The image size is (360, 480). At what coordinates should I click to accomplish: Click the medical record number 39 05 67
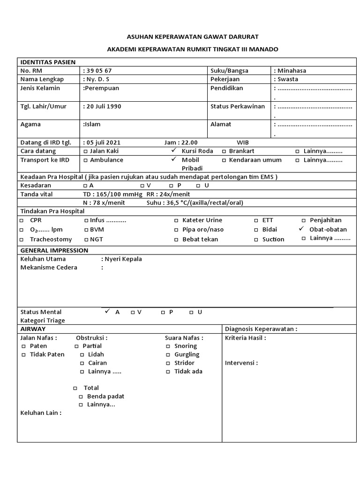pyautogui.click(x=99, y=71)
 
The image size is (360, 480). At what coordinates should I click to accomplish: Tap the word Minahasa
pyautogui.click(x=292, y=71)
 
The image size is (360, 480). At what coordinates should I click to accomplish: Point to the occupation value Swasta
pyautogui.click(x=288, y=79)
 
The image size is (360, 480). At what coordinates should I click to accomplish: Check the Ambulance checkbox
pyautogui.click(x=85, y=160)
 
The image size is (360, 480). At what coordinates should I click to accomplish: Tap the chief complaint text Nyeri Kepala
pyautogui.click(x=123, y=259)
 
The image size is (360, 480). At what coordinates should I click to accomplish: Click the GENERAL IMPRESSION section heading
pyautogui.click(x=54, y=250)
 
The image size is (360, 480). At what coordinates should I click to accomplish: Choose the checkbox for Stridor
pyautogui.click(x=168, y=363)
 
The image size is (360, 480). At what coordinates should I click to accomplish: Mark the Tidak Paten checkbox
pyautogui.click(x=23, y=355)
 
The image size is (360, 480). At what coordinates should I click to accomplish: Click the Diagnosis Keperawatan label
pyautogui.click(x=261, y=329)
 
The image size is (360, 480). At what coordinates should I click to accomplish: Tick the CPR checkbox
pyautogui.click(x=21, y=220)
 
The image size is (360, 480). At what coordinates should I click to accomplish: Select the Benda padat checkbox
pyautogui.click(x=81, y=397)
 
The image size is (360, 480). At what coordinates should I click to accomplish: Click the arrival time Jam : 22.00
pyautogui.click(x=181, y=142)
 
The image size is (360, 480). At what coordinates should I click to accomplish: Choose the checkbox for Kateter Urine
pyautogui.click(x=176, y=220)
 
